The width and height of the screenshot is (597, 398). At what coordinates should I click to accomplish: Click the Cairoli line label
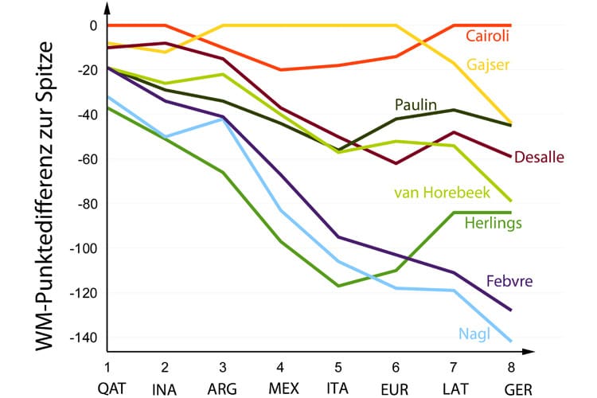pyautogui.click(x=487, y=36)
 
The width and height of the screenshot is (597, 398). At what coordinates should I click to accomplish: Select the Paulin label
pyautogui.click(x=416, y=104)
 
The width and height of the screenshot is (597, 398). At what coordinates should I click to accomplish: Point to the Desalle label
pyautogui.click(x=540, y=157)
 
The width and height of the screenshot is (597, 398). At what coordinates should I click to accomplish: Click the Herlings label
pyautogui.click(x=493, y=223)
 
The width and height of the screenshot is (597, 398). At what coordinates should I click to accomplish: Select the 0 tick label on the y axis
pyautogui.click(x=92, y=25)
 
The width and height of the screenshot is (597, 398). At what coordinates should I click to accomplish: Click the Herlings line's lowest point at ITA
pyautogui.click(x=338, y=286)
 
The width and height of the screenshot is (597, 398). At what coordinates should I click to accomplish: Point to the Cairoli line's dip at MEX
pyautogui.click(x=280, y=70)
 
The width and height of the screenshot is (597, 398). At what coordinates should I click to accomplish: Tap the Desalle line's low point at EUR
pyautogui.click(x=396, y=163)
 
